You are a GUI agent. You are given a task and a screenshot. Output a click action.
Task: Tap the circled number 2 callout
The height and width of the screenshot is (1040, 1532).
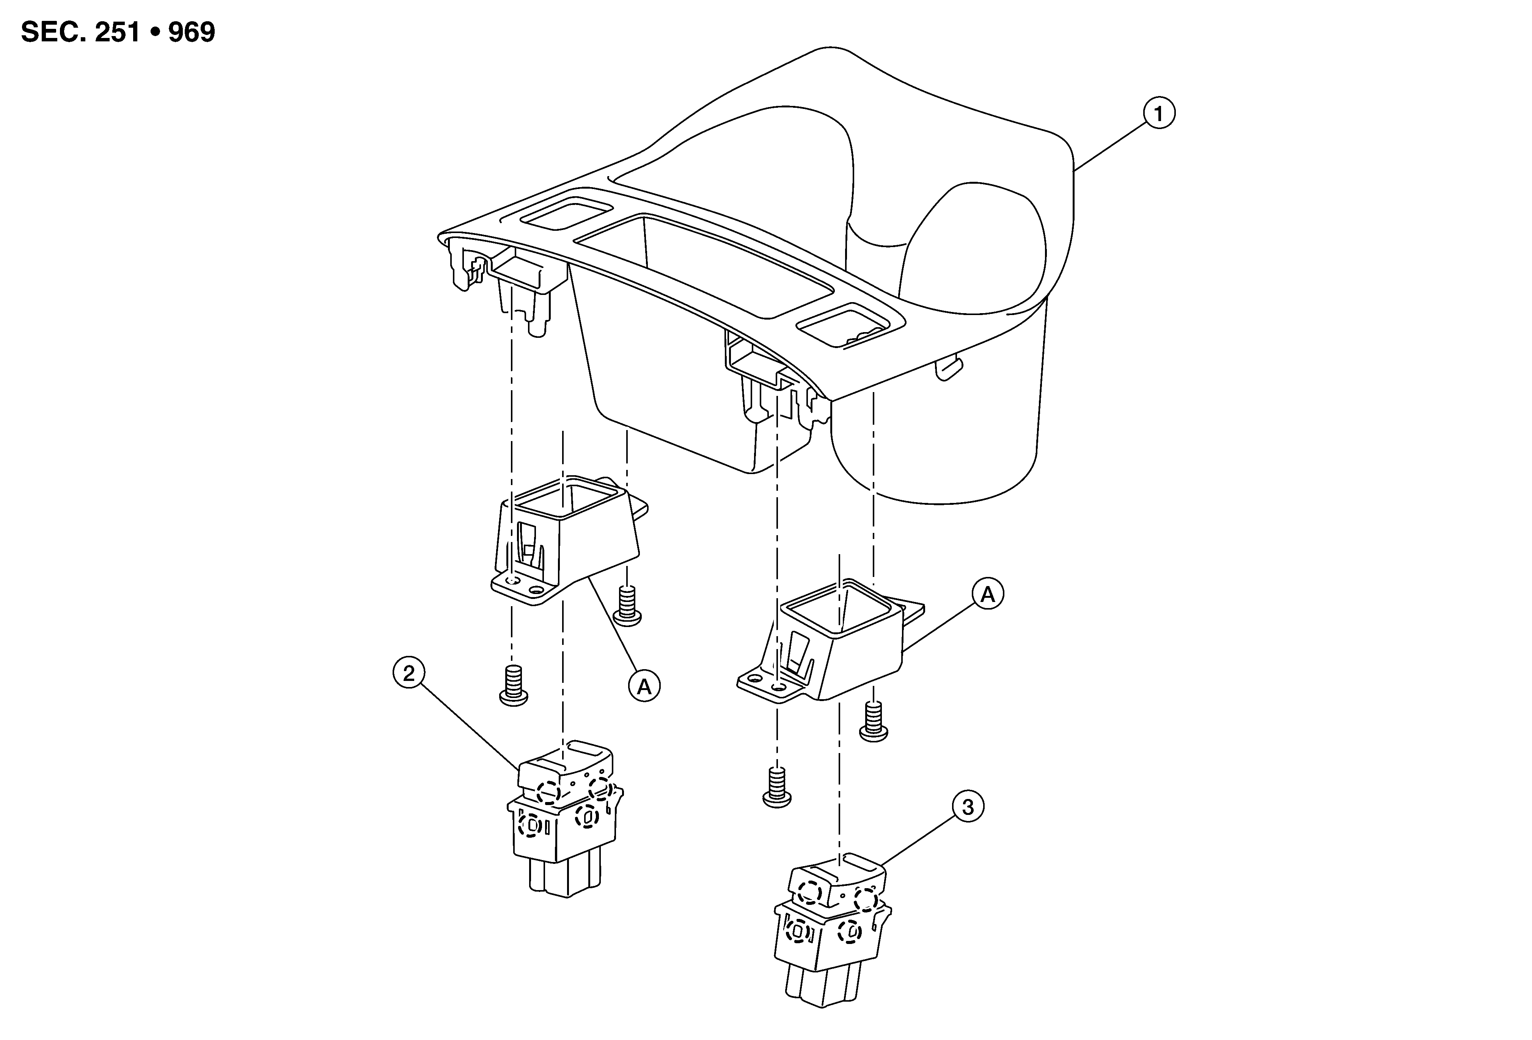pyautogui.click(x=409, y=673)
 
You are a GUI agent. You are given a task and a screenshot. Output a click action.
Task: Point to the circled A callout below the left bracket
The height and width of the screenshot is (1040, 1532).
pyautogui.click(x=644, y=687)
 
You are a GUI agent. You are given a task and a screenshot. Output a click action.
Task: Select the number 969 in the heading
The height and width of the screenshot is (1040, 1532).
pyautogui.click(x=191, y=32)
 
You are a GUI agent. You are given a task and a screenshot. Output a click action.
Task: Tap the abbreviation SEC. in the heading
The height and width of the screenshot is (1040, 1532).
pyautogui.click(x=53, y=32)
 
